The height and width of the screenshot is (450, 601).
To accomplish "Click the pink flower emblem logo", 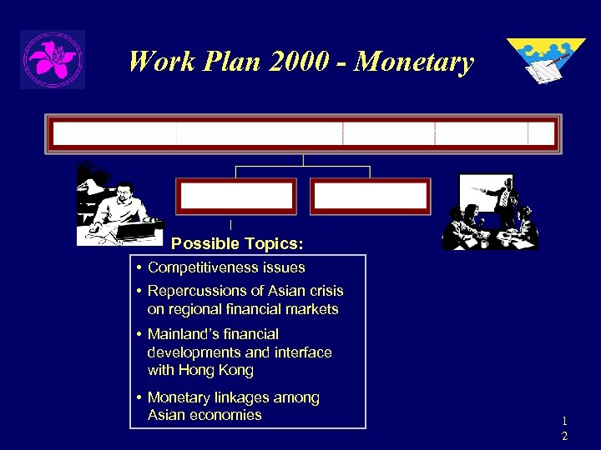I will coord(52,59).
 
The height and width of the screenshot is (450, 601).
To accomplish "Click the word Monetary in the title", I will coord(414,62).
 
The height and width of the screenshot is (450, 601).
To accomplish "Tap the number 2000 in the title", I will coord(284,62).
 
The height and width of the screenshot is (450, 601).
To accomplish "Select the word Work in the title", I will coord(159,62).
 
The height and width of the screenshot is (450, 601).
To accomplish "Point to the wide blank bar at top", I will coord(303,134).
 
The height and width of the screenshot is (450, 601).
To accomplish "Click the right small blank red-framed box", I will coord(370,197).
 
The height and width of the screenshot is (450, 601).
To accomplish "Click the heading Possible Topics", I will coord(237,244).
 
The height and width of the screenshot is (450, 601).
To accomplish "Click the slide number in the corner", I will coord(564,427).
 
